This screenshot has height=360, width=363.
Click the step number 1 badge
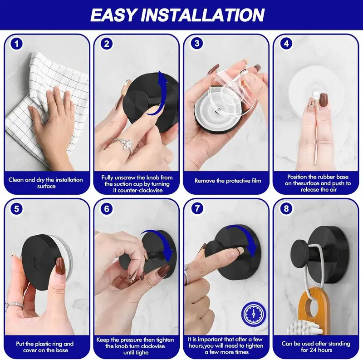click(x=17, y=44)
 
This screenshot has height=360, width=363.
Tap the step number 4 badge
click(x=286, y=44)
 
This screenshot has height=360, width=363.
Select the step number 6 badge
click(x=107, y=209)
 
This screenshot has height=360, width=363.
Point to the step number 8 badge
click(x=286, y=209)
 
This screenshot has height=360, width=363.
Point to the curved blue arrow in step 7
click(x=247, y=238)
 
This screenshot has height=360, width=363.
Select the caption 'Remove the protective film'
click(x=228, y=181)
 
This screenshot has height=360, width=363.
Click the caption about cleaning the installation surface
click(x=46, y=183)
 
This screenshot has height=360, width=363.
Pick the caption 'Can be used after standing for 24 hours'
click(x=316, y=346)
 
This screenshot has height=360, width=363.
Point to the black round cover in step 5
click(x=41, y=259)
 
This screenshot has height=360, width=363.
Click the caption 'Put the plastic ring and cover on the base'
click(x=46, y=346)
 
